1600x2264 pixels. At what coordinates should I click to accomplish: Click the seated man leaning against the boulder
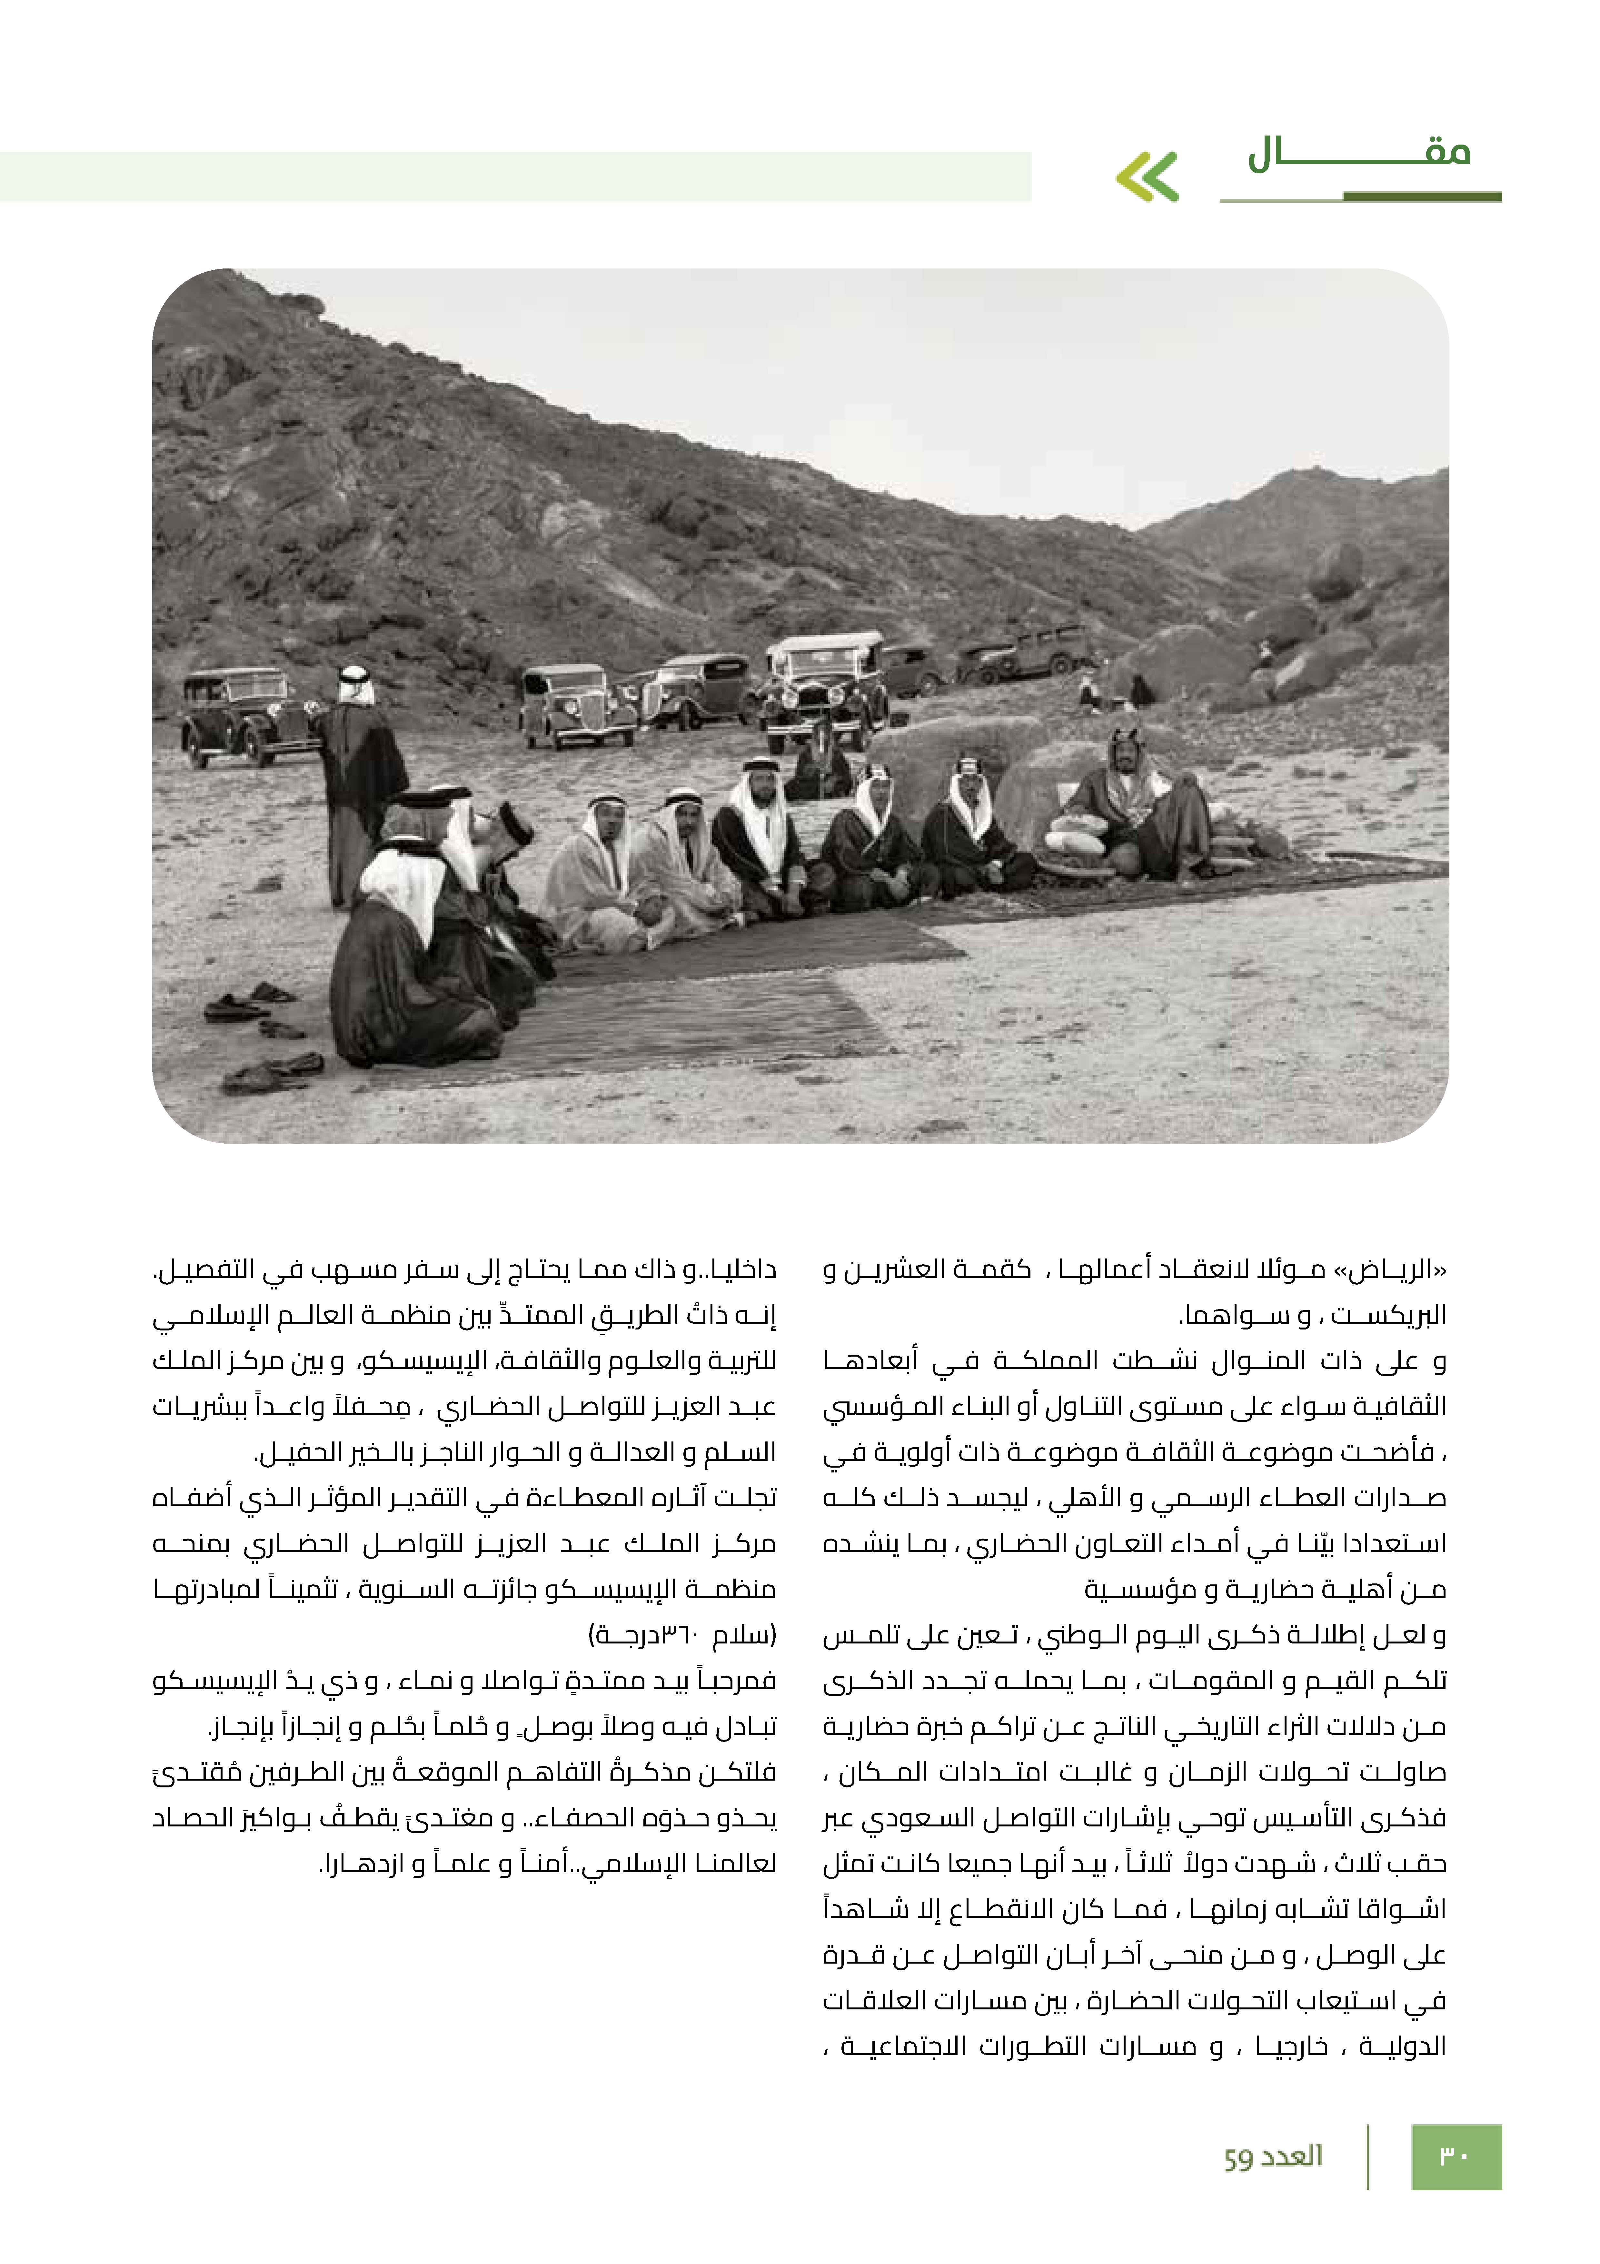click(x=1144, y=804)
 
